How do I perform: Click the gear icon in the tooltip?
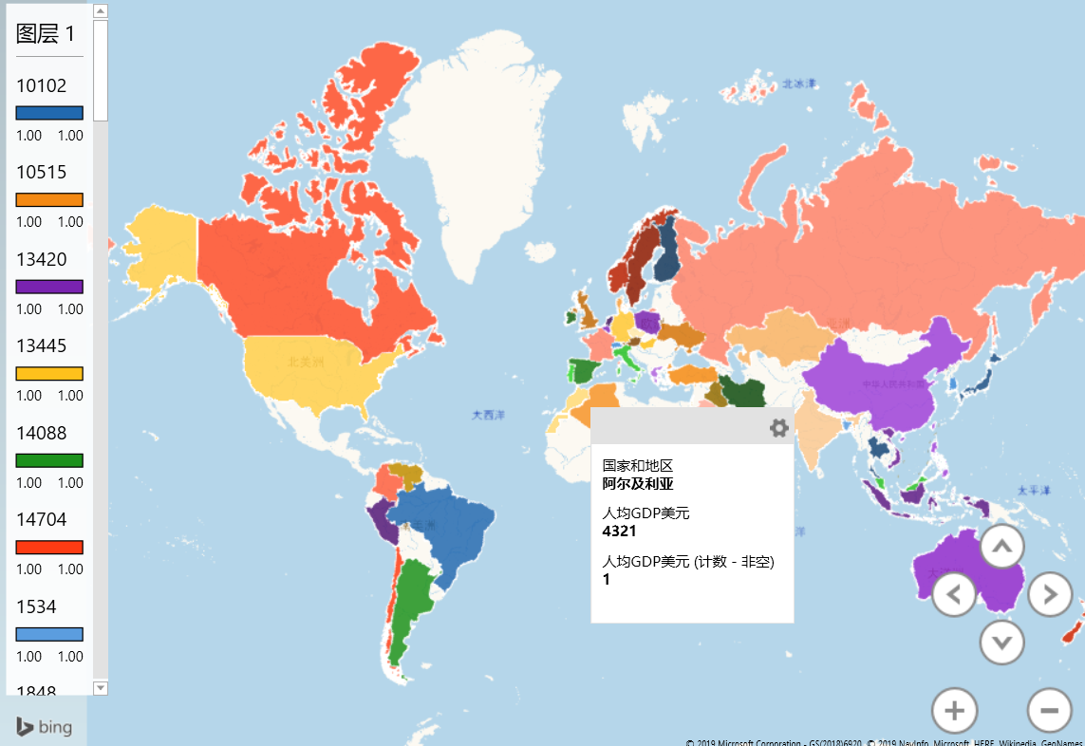pyautogui.click(x=778, y=428)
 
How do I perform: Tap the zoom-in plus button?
pyautogui.click(x=955, y=710)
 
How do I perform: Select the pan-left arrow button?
pyautogui.click(x=955, y=595)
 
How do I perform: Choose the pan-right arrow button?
pyautogui.click(x=1050, y=595)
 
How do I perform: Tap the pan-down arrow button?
pyautogui.click(x=1001, y=643)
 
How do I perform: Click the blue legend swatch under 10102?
pyautogui.click(x=49, y=113)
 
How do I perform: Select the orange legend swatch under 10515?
pyautogui.click(x=49, y=200)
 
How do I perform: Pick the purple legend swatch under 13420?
pyautogui.click(x=49, y=287)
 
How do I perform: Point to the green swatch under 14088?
pyautogui.click(x=49, y=460)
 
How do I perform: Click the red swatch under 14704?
pyautogui.click(x=49, y=548)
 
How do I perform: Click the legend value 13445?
pyautogui.click(x=42, y=345)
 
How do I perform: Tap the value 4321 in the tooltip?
pyautogui.click(x=620, y=531)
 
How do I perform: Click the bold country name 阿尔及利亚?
pyautogui.click(x=638, y=483)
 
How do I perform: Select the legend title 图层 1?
pyautogui.click(x=46, y=34)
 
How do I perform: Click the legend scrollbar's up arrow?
pyautogui.click(x=101, y=11)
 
